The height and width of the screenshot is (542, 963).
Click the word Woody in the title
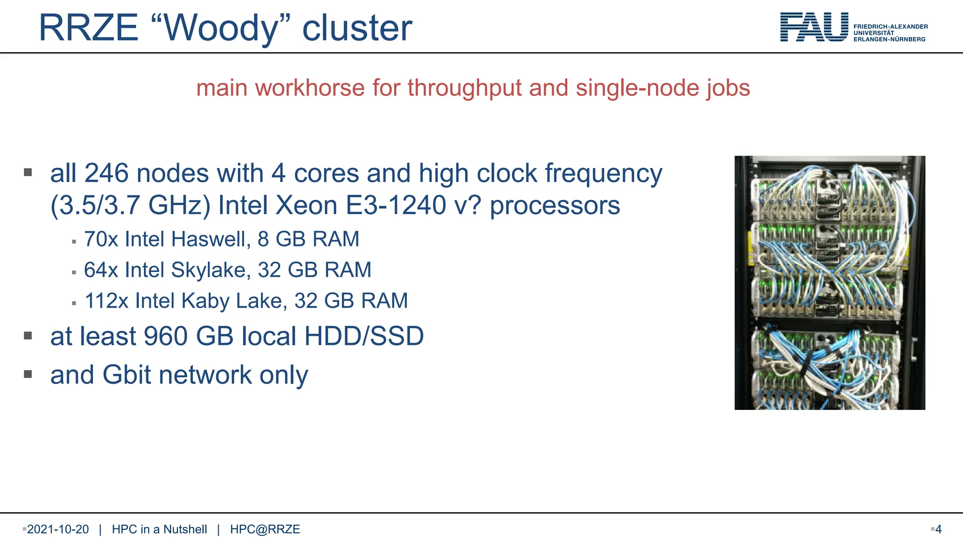point(221,28)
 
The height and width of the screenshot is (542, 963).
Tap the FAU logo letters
point(814,27)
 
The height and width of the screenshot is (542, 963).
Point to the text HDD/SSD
point(364,336)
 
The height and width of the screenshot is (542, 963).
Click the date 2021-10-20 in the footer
point(58,529)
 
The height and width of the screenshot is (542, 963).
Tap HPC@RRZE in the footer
point(265,529)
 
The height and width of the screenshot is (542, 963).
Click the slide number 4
point(938,529)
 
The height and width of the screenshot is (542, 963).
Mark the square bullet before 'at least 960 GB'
point(28,335)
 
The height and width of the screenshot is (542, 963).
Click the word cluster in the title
point(357,28)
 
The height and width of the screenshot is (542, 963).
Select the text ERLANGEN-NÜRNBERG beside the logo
point(889,40)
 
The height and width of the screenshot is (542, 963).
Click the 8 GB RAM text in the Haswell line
point(308,239)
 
